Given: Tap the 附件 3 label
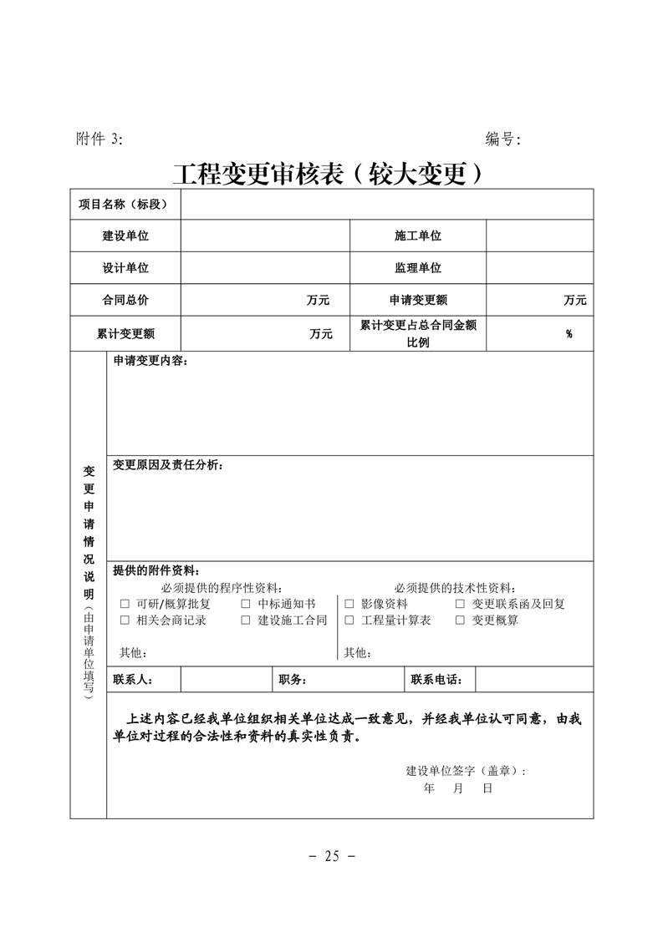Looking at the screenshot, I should [99, 139].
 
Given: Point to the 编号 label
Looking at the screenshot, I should [502, 139].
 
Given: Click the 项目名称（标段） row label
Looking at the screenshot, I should [125, 204].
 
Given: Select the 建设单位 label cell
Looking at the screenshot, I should [125, 236].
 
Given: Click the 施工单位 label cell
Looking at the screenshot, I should [417, 236].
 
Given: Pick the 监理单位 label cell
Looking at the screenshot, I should [417, 268].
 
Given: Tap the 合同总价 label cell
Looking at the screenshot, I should [125, 300].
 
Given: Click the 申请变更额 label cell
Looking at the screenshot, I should [417, 300].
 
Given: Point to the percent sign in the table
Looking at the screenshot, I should [569, 334].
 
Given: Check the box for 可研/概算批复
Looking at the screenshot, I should [125, 604].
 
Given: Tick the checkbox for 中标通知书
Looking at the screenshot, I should [246, 604].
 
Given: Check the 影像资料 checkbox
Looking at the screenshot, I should [349, 604].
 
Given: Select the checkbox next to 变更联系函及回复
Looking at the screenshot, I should [460, 604].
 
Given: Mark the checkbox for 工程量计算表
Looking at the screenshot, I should [349, 620].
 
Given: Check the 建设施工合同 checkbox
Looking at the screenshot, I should [246, 620].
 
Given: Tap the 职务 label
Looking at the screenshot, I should [293, 680].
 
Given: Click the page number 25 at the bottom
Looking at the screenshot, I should [332, 856].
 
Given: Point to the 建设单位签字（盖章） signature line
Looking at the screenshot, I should [466, 770].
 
